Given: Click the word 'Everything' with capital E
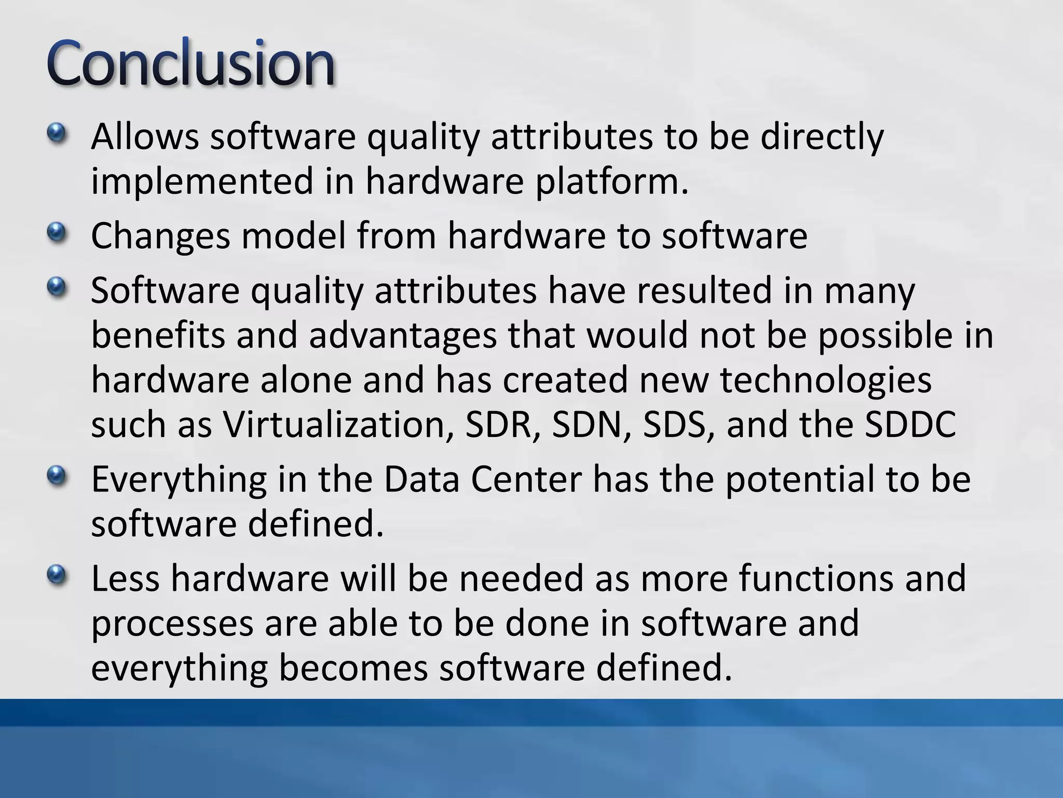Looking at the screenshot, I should click(x=179, y=480).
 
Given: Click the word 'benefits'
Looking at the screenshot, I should click(x=158, y=335).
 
